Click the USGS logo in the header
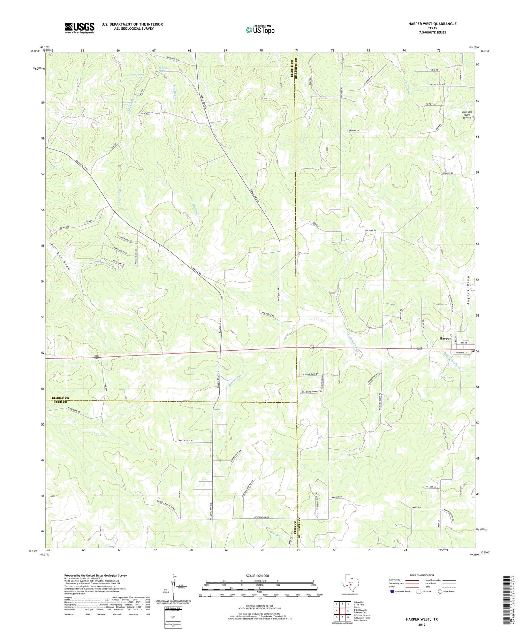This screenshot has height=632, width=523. tap(79, 28)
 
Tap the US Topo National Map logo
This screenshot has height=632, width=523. tap(260, 30)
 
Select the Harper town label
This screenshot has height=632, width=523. tap(445, 338)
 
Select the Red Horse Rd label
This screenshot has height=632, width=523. tap(268, 314)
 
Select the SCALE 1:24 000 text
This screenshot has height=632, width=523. tap(259, 576)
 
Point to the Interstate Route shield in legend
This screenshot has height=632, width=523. tap(393, 591)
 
